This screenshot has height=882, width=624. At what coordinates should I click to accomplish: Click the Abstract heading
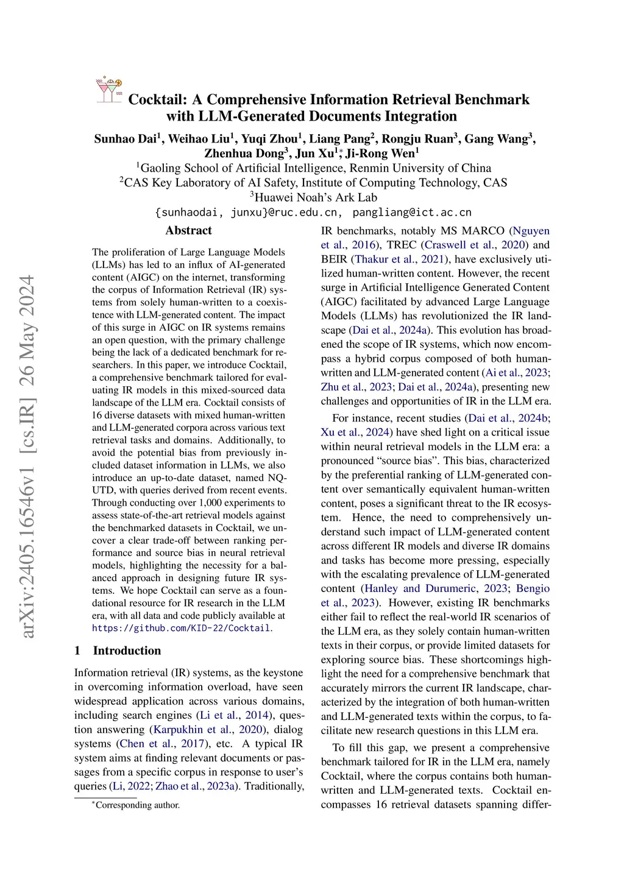[188, 230]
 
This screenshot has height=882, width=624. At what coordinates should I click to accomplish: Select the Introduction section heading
[127, 651]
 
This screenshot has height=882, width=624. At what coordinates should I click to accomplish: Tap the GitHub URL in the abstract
[182, 628]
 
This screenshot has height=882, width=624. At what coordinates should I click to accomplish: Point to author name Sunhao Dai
[126, 139]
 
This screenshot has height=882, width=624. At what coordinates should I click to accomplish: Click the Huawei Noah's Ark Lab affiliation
[313, 197]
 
